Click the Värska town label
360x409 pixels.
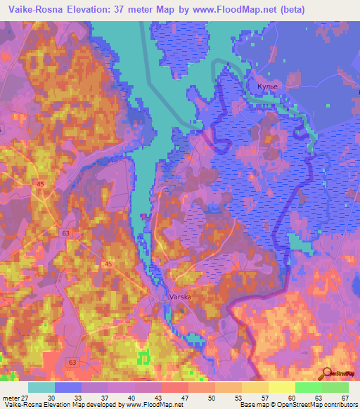point(181,297)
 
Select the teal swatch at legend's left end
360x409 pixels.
point(41,387)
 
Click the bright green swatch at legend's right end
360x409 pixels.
point(335,387)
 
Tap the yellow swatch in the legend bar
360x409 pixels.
point(255,387)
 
